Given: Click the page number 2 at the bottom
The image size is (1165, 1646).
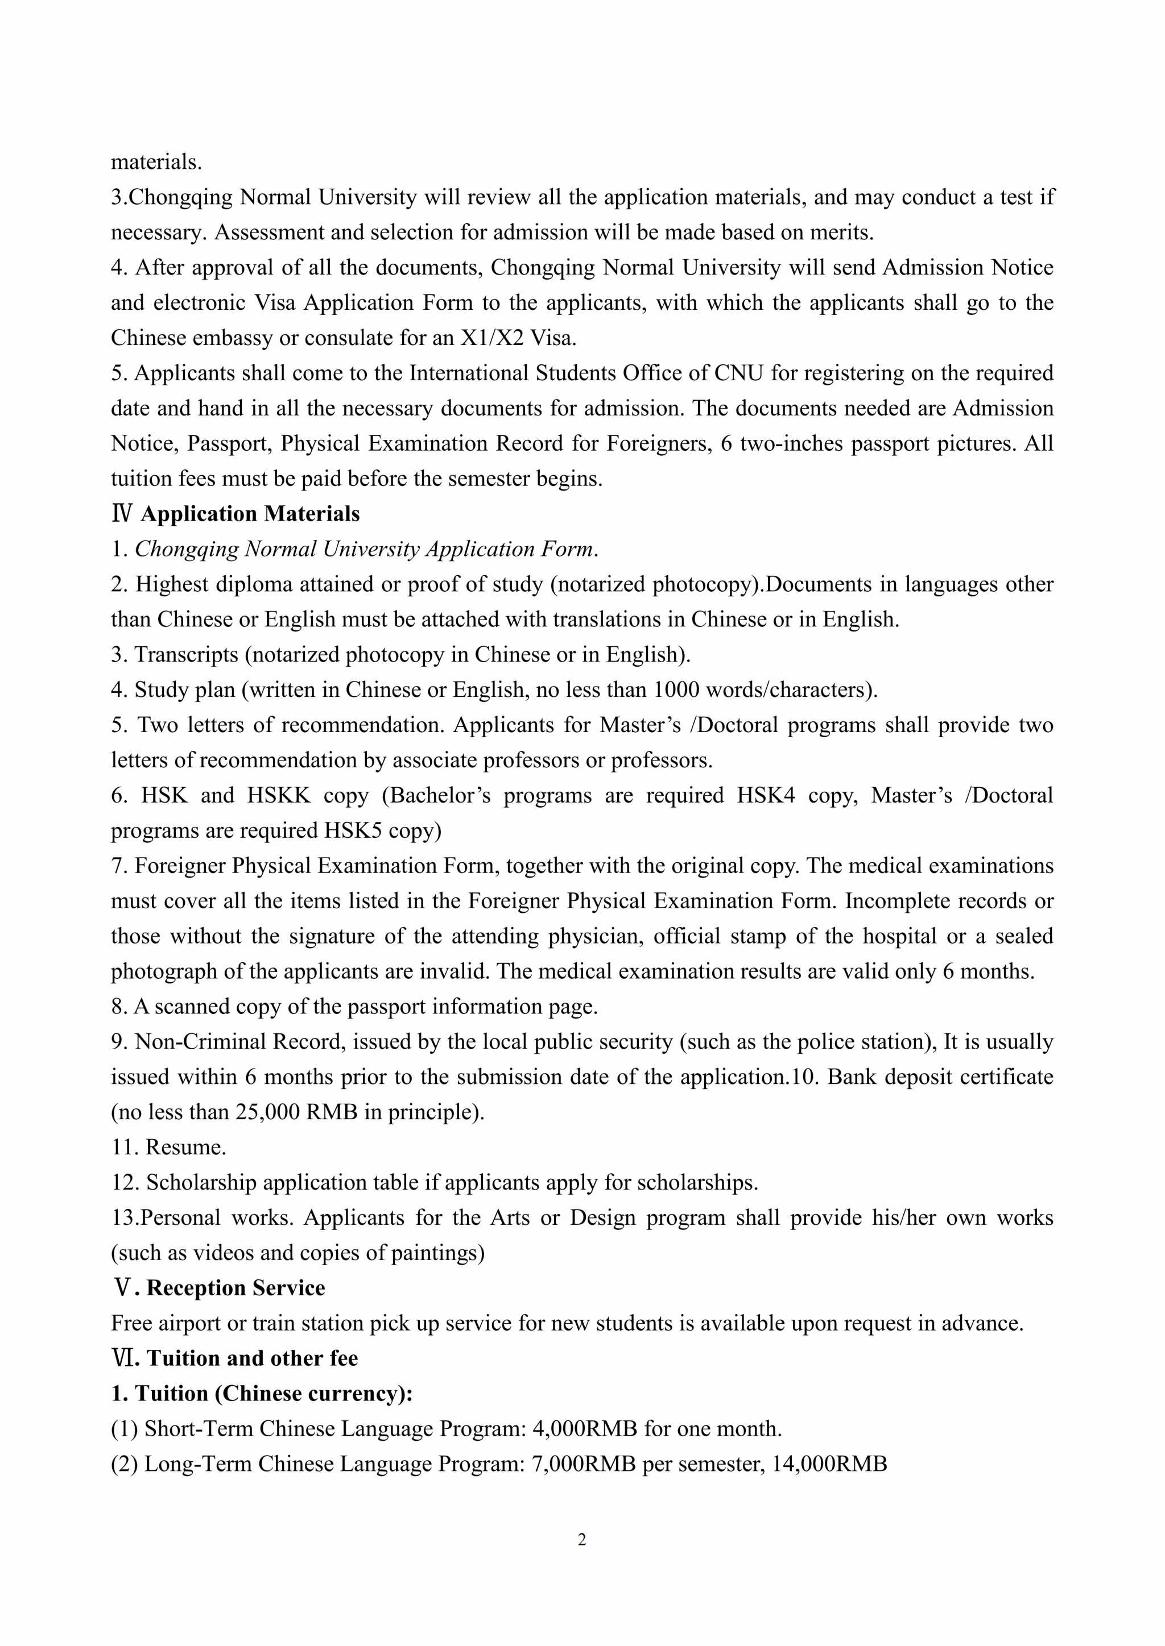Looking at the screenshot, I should [582, 1539].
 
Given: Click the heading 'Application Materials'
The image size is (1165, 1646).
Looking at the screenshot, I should [250, 514].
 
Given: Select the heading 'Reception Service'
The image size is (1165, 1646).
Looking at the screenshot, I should [236, 1288].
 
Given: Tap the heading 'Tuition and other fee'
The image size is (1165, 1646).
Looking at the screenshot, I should [252, 1358].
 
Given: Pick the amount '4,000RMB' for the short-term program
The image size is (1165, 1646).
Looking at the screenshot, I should [585, 1429].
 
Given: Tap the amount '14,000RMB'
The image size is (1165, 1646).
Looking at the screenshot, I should [829, 1464].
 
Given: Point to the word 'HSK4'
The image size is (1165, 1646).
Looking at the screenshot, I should [766, 795].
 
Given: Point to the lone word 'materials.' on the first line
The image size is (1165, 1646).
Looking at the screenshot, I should [156, 162].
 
